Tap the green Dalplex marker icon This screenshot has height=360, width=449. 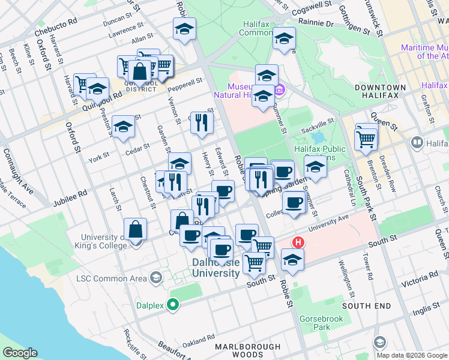pyautogui.click(x=173, y=305)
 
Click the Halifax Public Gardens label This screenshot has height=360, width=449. pyautogui.click(x=319, y=154)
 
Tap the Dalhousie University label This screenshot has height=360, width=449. pyautogui.click(x=216, y=268)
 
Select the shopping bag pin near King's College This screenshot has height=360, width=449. pyautogui.click(x=136, y=230)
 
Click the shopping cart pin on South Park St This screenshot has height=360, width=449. pyautogui.click(x=366, y=139)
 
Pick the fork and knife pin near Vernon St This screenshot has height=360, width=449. pyautogui.click(x=202, y=122)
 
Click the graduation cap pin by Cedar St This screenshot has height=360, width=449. pyautogui.click(x=123, y=127)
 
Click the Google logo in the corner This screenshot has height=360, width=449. pyautogui.click(x=20, y=353)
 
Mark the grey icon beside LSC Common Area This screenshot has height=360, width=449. pyautogui.click(x=156, y=277)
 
